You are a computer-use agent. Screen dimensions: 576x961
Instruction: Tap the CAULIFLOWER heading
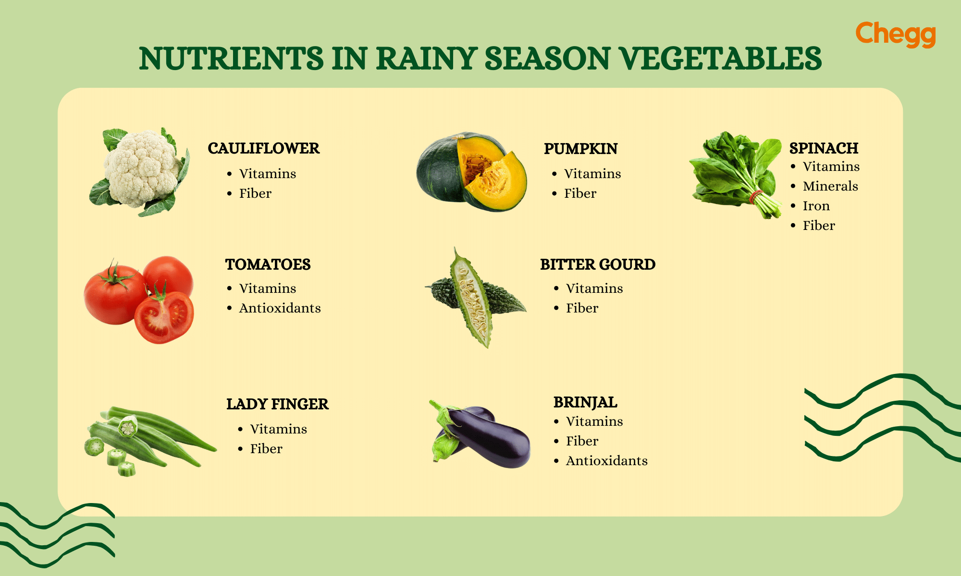coord(263,148)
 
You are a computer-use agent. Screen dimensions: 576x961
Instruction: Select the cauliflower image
coord(142,170)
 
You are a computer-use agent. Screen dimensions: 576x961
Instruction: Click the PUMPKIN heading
coord(580,149)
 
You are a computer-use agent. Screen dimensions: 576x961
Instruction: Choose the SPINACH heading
coord(824,148)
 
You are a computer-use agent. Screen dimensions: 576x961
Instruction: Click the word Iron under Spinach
coord(816,206)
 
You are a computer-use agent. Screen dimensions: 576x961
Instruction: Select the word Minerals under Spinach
coord(830,186)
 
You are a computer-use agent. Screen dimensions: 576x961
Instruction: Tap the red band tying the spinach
coord(756,196)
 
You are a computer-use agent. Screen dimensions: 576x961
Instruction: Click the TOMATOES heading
coord(268,264)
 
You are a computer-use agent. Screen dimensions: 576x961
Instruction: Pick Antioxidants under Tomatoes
coord(280,308)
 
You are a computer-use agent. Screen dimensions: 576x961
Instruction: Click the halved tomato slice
coord(164,317)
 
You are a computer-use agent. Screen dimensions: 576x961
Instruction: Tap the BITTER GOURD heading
coord(597,264)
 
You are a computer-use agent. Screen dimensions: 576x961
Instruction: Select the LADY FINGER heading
coord(277,404)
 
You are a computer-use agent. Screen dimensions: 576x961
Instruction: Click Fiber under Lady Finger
coord(266,449)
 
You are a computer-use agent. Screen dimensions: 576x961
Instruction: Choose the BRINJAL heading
coord(585,402)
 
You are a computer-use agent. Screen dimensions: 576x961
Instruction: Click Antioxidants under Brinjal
coord(606,461)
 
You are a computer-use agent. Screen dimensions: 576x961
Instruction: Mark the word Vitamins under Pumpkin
coord(592,174)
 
